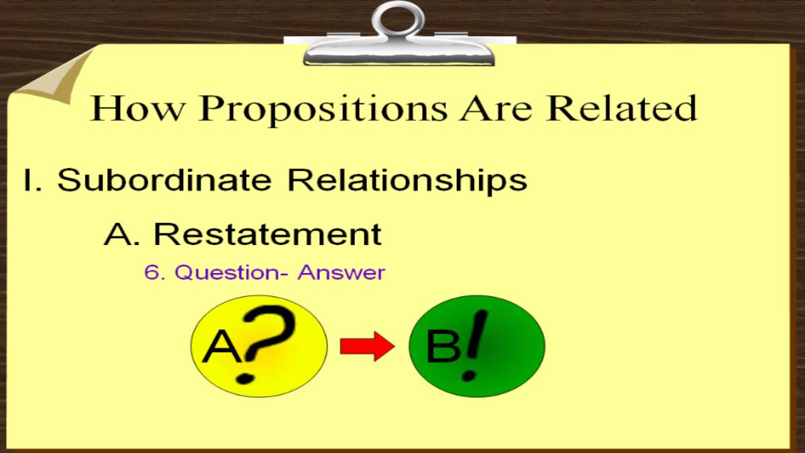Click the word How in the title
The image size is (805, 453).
(136, 108)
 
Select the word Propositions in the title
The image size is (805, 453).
(323, 110)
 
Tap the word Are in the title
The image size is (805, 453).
(496, 108)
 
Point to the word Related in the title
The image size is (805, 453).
(621, 107)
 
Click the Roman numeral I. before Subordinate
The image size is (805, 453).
(33, 180)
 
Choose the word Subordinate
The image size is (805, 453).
(164, 179)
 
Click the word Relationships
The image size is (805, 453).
(408, 182)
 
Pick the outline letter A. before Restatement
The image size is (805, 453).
(122, 234)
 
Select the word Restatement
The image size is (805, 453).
(268, 234)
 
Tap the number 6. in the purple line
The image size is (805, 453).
(154, 272)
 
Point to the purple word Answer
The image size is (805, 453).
(341, 272)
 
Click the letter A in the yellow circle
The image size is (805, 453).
(223, 347)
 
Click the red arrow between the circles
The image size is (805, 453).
(368, 346)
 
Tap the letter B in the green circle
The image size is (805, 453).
(443, 346)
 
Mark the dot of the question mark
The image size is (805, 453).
(245, 379)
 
